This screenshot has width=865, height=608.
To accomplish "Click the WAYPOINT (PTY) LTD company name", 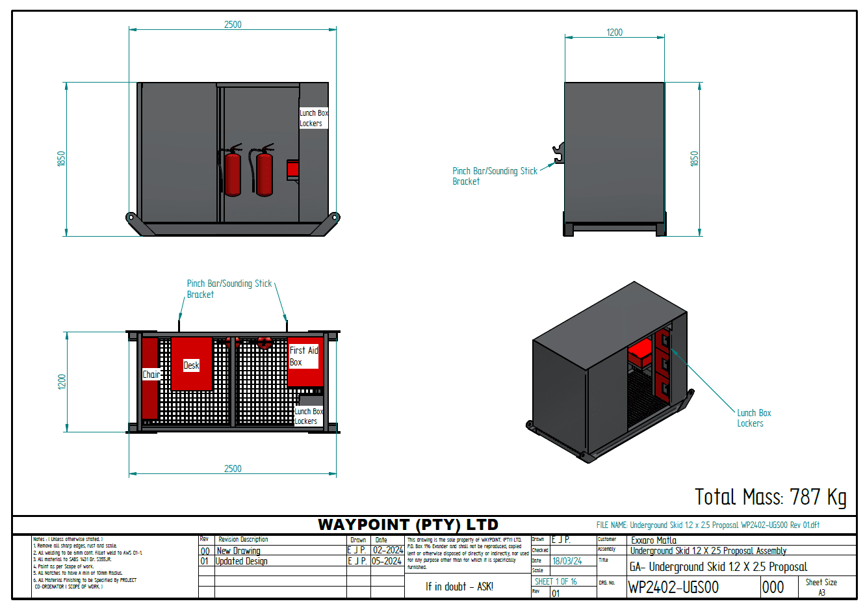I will [407, 525].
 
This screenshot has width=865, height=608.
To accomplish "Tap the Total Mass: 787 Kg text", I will [770, 497].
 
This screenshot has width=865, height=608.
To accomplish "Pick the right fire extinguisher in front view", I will [263, 172].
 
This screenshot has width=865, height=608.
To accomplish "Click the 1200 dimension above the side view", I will [614, 33].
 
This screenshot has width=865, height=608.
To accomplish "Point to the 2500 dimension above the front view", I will [233, 25].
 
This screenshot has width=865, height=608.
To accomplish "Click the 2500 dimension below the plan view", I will [233, 468].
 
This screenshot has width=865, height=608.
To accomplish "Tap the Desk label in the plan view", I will [191, 365].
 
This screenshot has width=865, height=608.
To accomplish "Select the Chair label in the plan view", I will [151, 375].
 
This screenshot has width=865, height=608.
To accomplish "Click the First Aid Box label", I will [303, 356].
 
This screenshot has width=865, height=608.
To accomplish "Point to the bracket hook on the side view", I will [558, 153].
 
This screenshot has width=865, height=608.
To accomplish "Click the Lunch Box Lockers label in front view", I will [313, 118].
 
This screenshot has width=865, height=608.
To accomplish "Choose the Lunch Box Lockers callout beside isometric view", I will [754, 418].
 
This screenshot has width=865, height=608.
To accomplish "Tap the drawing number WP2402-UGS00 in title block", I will [673, 587].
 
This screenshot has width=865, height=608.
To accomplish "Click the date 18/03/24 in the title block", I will [567, 561].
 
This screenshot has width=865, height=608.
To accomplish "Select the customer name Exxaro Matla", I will [654, 540].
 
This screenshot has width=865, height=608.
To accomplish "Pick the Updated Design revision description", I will [241, 561].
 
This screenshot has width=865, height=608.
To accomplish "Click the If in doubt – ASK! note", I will [459, 587].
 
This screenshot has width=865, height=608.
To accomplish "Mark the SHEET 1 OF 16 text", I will [556, 581].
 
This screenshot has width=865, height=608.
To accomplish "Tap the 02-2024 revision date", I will [388, 550].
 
